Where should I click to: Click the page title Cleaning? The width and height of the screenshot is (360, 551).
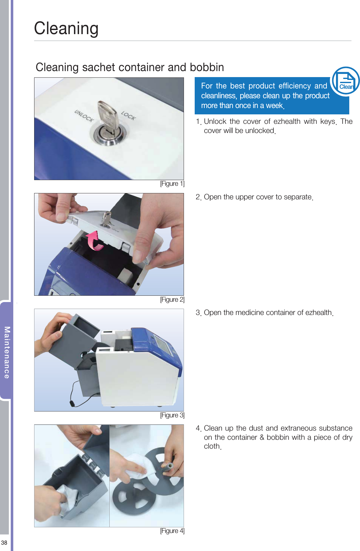pyautogui.click(x=66, y=29)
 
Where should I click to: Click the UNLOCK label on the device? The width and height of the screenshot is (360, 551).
pyautogui.click(x=84, y=116)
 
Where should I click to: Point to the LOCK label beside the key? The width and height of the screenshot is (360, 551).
pyautogui.click(x=129, y=116)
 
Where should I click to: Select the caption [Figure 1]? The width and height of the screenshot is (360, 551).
pyautogui.click(x=172, y=184)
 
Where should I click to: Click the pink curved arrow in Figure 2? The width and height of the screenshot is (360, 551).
pyautogui.click(x=95, y=241)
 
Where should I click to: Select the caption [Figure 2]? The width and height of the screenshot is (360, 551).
pyautogui.click(x=172, y=300)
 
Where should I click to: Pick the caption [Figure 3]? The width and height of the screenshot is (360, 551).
pyautogui.click(x=172, y=415)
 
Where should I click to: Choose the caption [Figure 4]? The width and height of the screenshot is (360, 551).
pyautogui.click(x=172, y=531)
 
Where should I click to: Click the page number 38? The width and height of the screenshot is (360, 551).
pyautogui.click(x=4, y=543)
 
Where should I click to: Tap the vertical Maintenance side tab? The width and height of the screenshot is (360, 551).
pyautogui.click(x=7, y=353)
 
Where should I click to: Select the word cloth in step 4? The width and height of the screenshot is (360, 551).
pyautogui.click(x=212, y=446)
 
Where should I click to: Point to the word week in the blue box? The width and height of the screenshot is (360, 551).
pyautogui.click(x=274, y=106)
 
